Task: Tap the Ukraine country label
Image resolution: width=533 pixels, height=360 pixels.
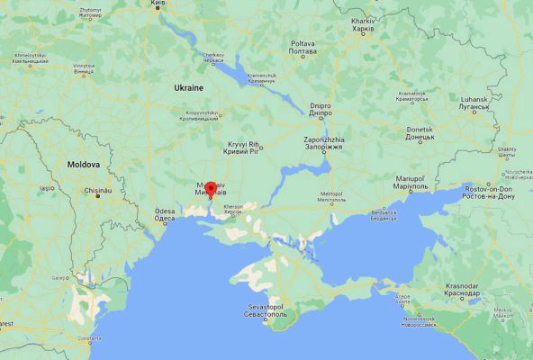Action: [189, 86]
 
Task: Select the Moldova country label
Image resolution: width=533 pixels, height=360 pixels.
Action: [83, 165]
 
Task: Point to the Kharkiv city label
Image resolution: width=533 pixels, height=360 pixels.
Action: [362, 24]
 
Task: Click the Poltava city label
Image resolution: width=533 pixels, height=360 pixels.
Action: [303, 47]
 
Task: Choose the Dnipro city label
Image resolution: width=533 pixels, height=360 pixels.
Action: [321, 109]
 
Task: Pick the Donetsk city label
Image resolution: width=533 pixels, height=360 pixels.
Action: [420, 133]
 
